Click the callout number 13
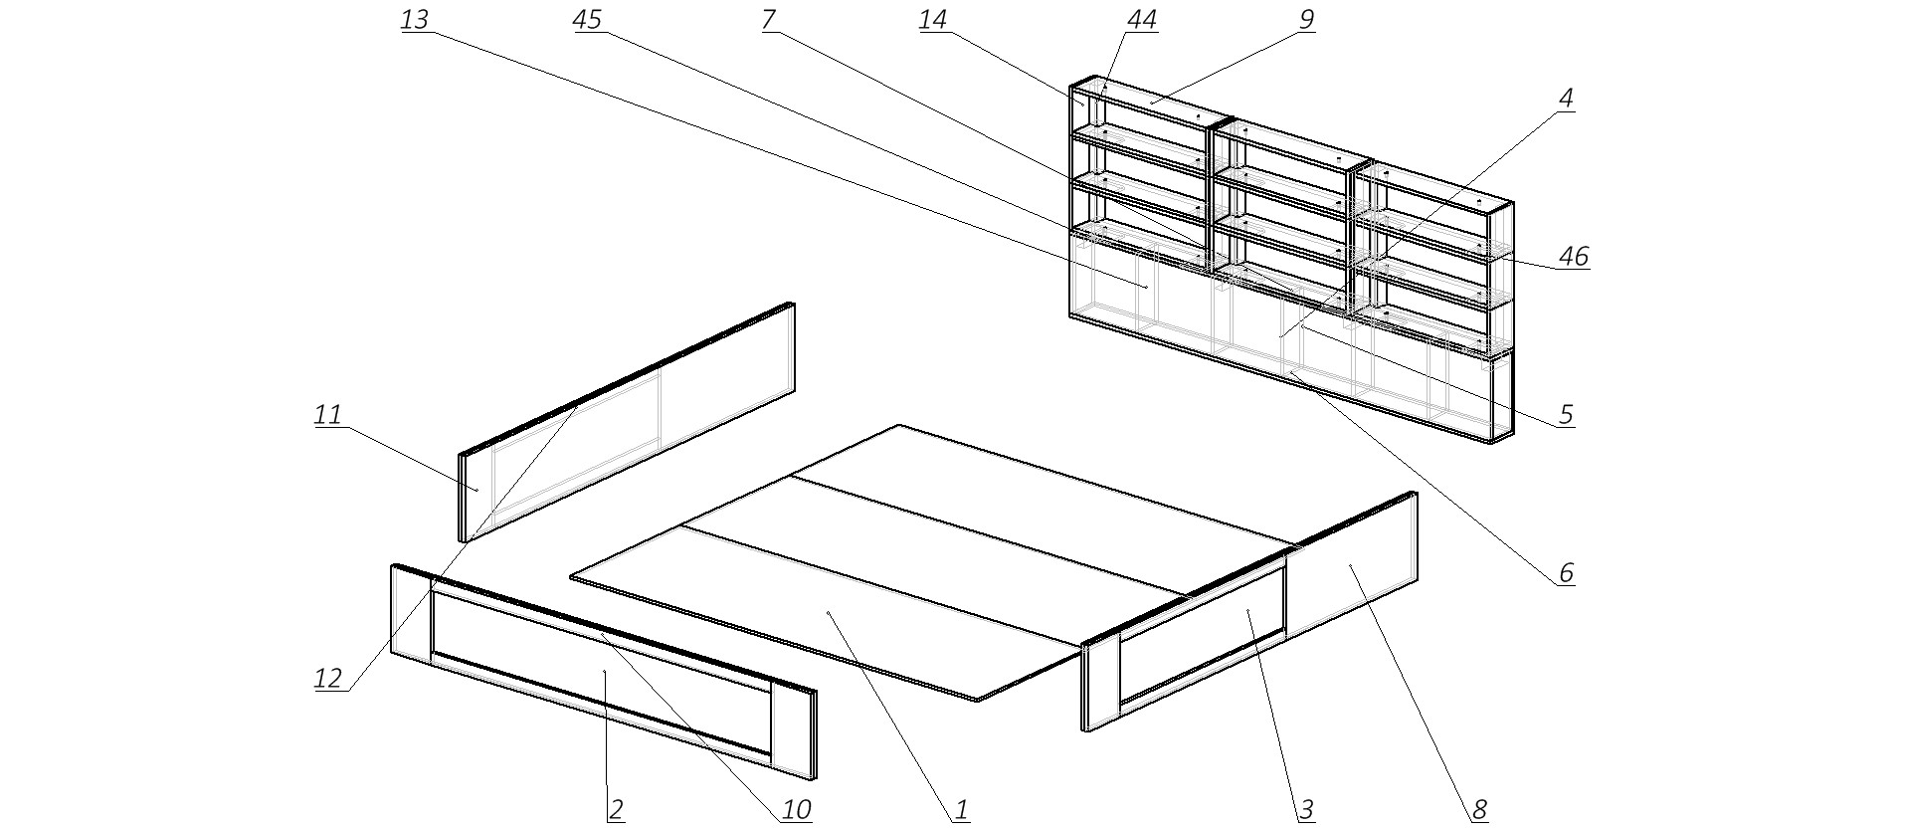click(414, 20)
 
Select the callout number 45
click(587, 20)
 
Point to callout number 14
click(932, 20)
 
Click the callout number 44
click(1142, 20)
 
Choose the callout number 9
click(1306, 19)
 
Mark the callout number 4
click(1566, 99)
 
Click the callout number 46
click(1573, 256)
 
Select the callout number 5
click(1565, 413)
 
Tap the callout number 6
click(1565, 572)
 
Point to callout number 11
click(327, 414)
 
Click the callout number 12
click(327, 679)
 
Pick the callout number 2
click(616, 810)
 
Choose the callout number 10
click(796, 810)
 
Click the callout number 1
click(961, 810)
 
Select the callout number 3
click(1306, 810)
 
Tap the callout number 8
click(1479, 810)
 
